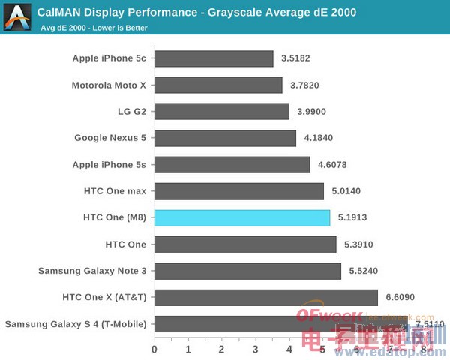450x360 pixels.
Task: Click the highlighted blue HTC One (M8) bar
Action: point(241,217)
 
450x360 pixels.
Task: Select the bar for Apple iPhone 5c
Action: point(214,58)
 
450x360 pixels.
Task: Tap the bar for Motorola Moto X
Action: point(218,85)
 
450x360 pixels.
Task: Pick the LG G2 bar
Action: point(221,111)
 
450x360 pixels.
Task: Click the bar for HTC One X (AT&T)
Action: point(265,297)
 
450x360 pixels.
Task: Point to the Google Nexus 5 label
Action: point(110,138)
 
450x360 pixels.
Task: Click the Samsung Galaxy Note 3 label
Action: point(92,271)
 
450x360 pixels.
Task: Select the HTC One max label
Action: point(115,191)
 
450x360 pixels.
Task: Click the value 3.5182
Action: point(295,58)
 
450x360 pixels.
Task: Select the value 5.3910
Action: point(358,244)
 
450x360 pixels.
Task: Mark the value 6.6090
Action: point(400,298)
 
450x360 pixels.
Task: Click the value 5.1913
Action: point(352,218)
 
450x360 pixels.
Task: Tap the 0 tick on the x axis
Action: point(154,349)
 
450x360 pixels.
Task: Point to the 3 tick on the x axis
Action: point(255,349)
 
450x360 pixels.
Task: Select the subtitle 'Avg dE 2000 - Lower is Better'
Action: point(94,28)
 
